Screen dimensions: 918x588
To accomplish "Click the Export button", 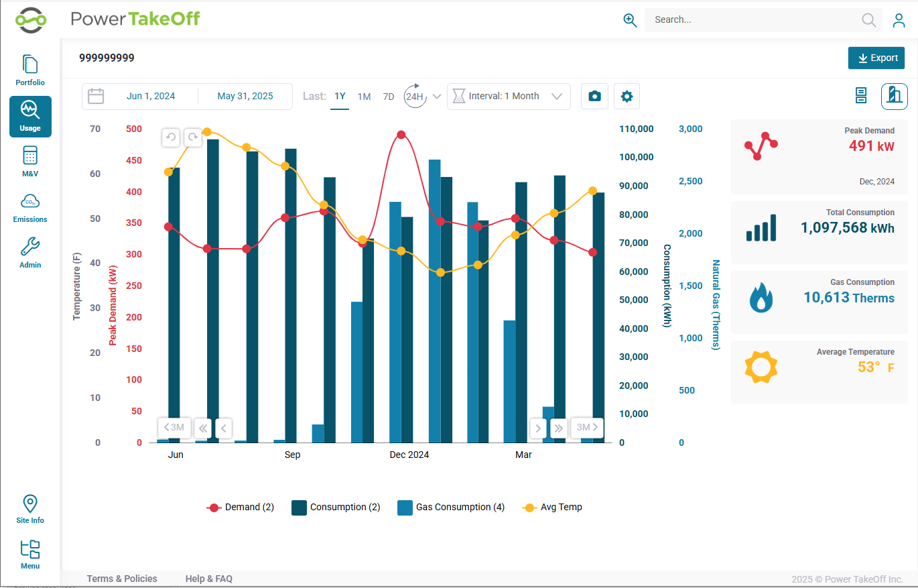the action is (x=876, y=58).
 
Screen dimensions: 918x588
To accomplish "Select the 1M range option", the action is (x=364, y=97).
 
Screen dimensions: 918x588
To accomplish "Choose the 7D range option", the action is (x=388, y=97).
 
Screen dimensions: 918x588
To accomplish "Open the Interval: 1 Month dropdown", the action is (x=509, y=97).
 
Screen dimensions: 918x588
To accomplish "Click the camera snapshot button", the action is (x=594, y=97).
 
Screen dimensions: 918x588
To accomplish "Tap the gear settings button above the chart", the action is (x=627, y=97).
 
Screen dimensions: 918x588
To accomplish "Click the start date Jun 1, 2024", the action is (x=150, y=96).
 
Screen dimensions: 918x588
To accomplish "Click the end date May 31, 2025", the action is (x=245, y=96).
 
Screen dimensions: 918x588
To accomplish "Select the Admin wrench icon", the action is (x=30, y=247).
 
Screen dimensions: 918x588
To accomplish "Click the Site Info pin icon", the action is (x=30, y=504).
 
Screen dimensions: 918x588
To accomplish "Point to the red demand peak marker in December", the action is (x=401, y=135).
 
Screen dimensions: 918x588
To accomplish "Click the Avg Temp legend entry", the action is (x=552, y=508).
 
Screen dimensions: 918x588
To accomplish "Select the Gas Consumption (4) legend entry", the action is (x=451, y=508).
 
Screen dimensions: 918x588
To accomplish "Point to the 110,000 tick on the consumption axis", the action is (x=636, y=129).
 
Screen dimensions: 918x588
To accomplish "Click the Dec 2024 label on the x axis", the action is (x=409, y=455).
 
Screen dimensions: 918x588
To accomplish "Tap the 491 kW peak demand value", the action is (x=871, y=146).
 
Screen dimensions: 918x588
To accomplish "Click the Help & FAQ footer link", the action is (x=208, y=579).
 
